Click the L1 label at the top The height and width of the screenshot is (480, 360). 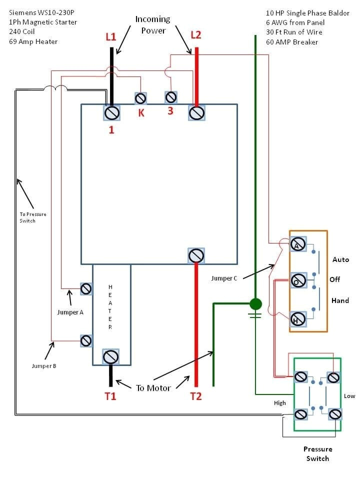pyautogui.click(x=111, y=36)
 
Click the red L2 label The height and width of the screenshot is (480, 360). pyautogui.click(x=196, y=34)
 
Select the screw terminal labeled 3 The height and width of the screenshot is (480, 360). pyautogui.click(x=170, y=96)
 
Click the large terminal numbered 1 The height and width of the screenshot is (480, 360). pyautogui.click(x=111, y=113)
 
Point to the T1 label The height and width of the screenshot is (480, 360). pyautogui.click(x=110, y=396)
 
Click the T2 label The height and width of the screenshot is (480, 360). pyautogui.click(x=195, y=396)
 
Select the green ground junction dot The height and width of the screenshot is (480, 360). pyautogui.click(x=255, y=303)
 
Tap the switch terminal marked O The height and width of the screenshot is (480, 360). pyautogui.click(x=298, y=280)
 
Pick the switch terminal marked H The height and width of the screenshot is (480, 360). pyautogui.click(x=298, y=318)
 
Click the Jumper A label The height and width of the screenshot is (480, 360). pyautogui.click(x=70, y=312)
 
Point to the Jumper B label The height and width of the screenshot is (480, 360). pyautogui.click(x=44, y=366)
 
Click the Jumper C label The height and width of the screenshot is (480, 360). pyautogui.click(x=224, y=278)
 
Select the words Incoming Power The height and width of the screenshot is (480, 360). pyautogui.click(x=153, y=25)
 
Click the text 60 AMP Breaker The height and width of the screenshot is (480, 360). pyautogui.click(x=292, y=41)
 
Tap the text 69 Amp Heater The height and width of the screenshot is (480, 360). pyautogui.click(x=33, y=41)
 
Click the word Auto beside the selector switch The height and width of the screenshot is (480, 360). pyautogui.click(x=340, y=259)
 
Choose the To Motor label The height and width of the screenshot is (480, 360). pyautogui.click(x=153, y=387)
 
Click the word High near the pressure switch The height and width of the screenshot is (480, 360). pyautogui.click(x=280, y=403)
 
